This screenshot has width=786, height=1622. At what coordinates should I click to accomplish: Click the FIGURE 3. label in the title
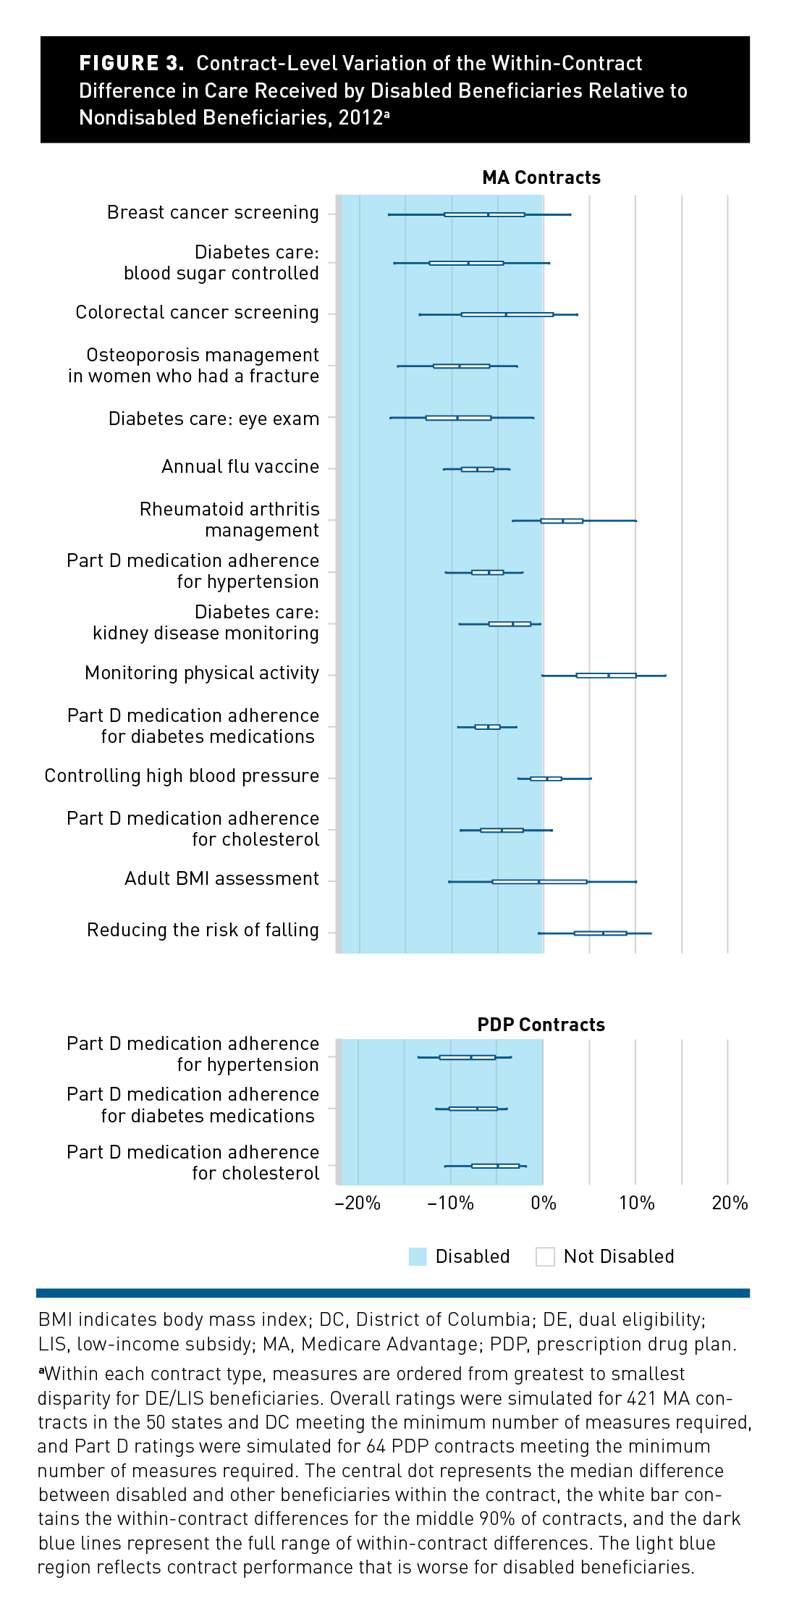[131, 64]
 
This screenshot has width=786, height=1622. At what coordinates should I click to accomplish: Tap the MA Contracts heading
[541, 178]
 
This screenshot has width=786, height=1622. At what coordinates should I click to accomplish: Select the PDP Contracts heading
[541, 1025]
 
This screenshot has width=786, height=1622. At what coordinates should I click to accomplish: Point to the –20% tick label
[358, 1203]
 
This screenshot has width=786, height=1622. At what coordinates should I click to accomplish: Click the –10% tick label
[450, 1203]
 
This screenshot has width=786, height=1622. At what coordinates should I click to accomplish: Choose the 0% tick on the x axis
[544, 1203]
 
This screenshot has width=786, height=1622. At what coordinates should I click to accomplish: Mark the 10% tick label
[637, 1203]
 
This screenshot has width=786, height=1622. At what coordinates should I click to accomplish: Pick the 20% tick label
[730, 1203]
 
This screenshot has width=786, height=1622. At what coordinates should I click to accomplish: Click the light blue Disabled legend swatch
[418, 1256]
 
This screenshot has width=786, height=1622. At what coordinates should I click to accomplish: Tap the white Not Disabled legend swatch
[545, 1256]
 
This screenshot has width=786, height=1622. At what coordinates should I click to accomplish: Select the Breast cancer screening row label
[213, 213]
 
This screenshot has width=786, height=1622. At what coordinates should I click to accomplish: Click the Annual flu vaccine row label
[240, 467]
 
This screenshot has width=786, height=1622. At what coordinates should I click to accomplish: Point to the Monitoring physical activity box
[606, 676]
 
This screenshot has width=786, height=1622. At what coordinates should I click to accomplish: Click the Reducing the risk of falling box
[600, 933]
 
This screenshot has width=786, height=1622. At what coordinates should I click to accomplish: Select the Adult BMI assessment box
[539, 882]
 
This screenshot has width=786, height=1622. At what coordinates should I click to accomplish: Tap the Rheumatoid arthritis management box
[562, 521]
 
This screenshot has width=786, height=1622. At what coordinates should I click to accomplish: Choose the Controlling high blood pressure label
[182, 776]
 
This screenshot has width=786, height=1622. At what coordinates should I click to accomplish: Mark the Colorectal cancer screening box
[507, 314]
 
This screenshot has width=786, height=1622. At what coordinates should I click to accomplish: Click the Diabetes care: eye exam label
[214, 419]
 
